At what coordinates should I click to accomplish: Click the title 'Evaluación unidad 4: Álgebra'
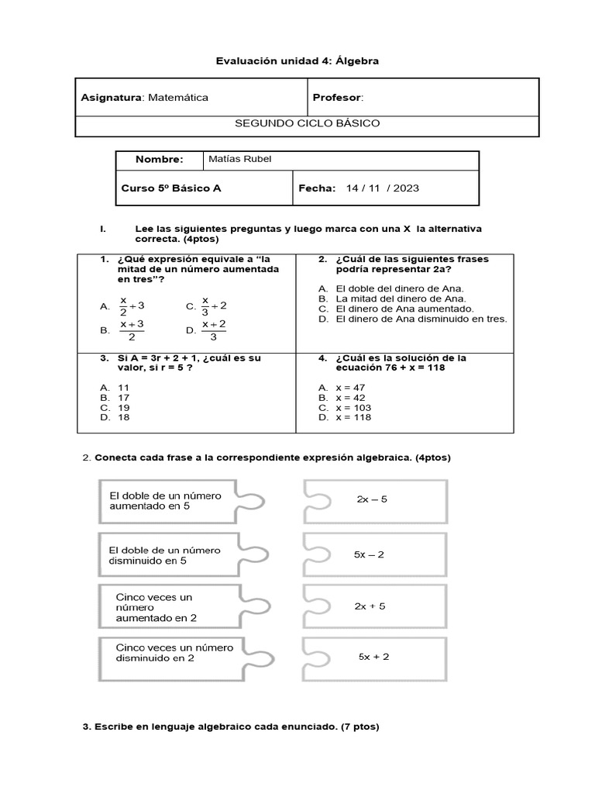297,60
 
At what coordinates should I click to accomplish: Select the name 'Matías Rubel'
240,160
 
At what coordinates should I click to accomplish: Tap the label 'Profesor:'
338,98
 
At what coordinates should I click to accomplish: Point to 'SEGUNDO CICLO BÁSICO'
307,124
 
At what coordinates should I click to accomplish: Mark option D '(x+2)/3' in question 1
213,330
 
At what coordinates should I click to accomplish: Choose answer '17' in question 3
123,397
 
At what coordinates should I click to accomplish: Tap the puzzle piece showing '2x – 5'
375,500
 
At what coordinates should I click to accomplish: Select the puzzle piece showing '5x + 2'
375,657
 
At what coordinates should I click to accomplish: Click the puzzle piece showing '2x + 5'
375,606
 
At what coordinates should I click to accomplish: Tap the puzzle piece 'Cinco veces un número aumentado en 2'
166,607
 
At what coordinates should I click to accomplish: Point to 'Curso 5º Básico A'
171,188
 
